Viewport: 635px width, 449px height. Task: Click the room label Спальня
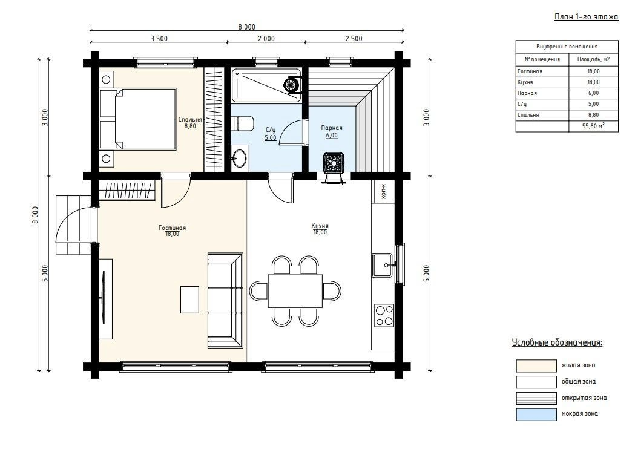(190, 120)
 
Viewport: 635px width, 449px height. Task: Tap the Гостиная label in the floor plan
(172, 228)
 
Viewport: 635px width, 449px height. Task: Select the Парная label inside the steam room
(332, 128)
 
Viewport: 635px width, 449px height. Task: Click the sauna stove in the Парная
(334, 163)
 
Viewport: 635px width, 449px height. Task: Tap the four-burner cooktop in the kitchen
(384, 315)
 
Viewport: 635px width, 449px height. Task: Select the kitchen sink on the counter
(383, 265)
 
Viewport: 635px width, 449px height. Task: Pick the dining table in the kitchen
(295, 291)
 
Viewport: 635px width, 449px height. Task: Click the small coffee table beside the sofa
(189, 300)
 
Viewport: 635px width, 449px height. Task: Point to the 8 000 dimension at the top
(246, 27)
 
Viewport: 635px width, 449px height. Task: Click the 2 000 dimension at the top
(266, 39)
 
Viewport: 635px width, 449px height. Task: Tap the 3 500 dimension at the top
(159, 39)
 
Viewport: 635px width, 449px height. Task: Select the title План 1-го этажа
(587, 16)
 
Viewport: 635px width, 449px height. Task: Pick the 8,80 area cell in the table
(594, 115)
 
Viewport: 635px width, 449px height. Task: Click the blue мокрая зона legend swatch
(536, 415)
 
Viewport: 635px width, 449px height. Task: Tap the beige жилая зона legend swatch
(536, 365)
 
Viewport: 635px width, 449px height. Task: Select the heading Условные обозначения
(557, 343)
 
